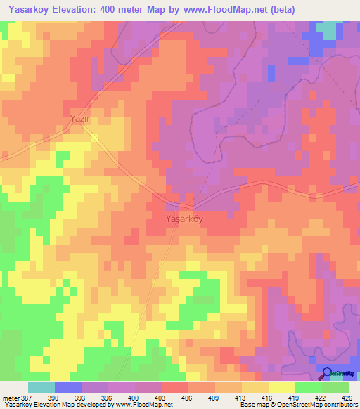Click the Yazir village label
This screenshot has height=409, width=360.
(81, 119)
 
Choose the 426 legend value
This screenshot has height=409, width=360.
(348, 398)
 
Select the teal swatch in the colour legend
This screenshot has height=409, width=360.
(41, 387)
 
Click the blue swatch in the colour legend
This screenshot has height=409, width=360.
(67, 387)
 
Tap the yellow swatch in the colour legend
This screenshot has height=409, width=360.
(281, 387)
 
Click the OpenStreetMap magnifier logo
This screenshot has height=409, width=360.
(327, 373)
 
